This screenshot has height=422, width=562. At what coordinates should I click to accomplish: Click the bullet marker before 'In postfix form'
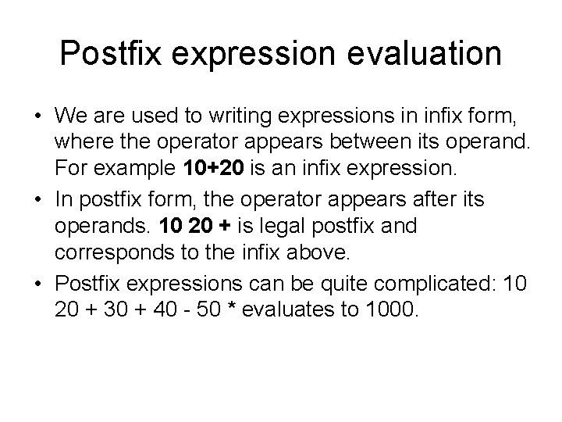[x=37, y=199]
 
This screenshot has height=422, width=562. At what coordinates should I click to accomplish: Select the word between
[x=361, y=144]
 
